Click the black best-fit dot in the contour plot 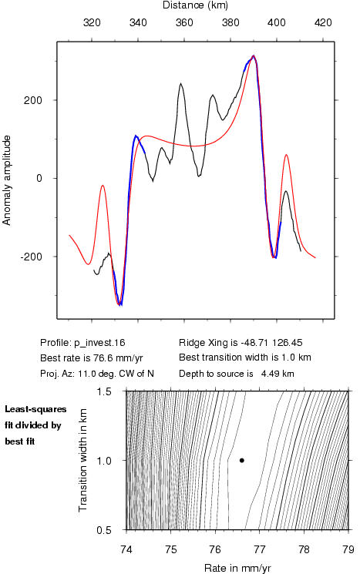[242, 460]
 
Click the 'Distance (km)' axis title [195, 5]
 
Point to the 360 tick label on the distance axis [184, 22]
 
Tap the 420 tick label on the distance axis [323, 22]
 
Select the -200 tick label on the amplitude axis [31, 257]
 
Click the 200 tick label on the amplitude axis [33, 100]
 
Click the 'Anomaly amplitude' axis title [7, 180]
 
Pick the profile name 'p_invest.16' [99, 343]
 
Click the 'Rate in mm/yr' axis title [237, 568]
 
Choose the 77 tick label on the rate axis [259, 550]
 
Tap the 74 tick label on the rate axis [126, 550]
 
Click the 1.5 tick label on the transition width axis [104, 391]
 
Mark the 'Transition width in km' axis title [83, 460]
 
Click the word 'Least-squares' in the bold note [35, 409]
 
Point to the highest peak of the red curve [254, 55]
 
